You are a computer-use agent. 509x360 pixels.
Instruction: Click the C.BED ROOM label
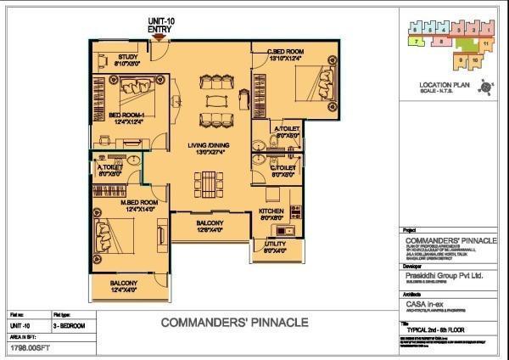point(284,53)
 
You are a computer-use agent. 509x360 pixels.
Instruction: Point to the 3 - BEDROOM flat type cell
point(69,326)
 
